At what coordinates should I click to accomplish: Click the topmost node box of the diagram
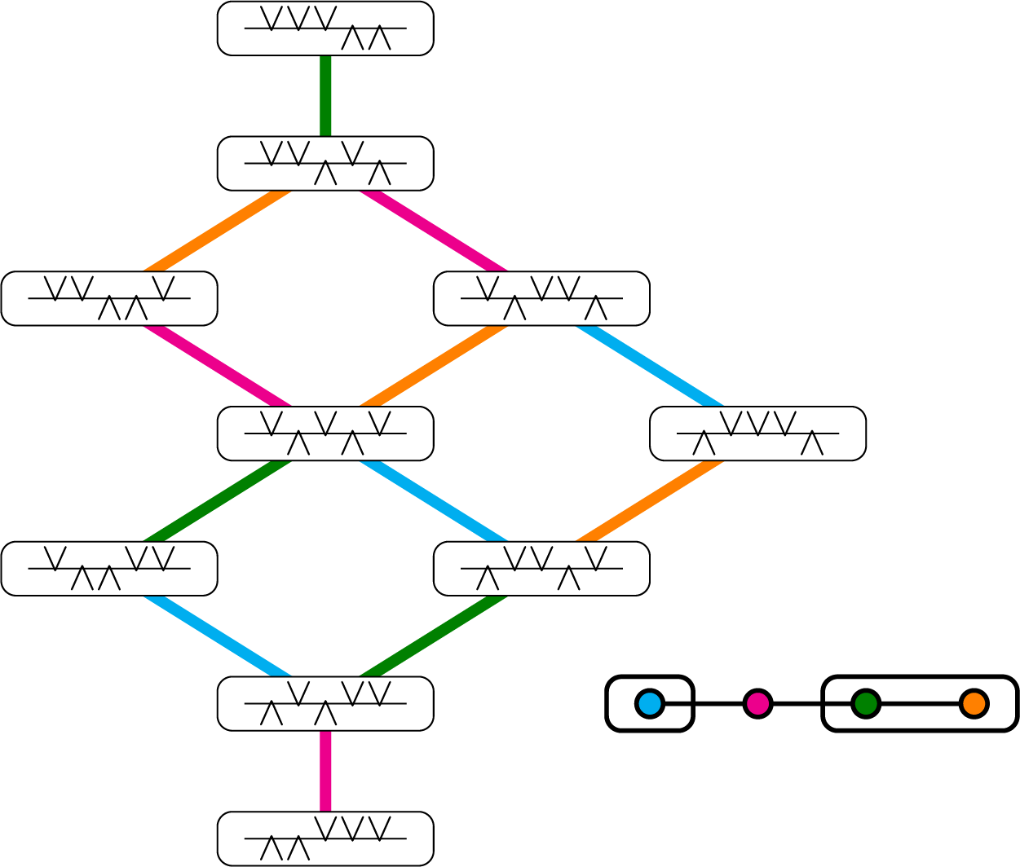click(325, 29)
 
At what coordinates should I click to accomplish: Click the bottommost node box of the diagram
click(325, 838)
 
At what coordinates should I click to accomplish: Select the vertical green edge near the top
click(325, 96)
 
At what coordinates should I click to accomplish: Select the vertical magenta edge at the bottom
click(325, 771)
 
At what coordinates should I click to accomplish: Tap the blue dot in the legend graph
click(649, 703)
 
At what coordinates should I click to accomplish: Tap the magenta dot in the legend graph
click(757, 703)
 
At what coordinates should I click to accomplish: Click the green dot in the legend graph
click(865, 703)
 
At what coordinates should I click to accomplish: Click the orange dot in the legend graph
click(974, 703)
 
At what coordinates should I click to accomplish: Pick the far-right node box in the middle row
click(757, 433)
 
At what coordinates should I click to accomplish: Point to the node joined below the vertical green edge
click(325, 164)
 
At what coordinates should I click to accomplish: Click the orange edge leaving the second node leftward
click(218, 231)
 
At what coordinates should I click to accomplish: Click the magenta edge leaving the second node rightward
click(434, 231)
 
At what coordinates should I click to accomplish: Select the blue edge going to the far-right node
click(650, 366)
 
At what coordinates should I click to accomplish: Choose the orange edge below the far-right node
click(650, 501)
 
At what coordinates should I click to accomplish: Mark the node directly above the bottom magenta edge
click(325, 703)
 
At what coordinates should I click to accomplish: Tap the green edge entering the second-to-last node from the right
click(434, 636)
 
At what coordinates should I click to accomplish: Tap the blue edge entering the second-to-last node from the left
click(218, 636)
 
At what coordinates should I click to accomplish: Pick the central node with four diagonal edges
click(325, 433)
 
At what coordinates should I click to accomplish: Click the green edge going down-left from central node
click(218, 501)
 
